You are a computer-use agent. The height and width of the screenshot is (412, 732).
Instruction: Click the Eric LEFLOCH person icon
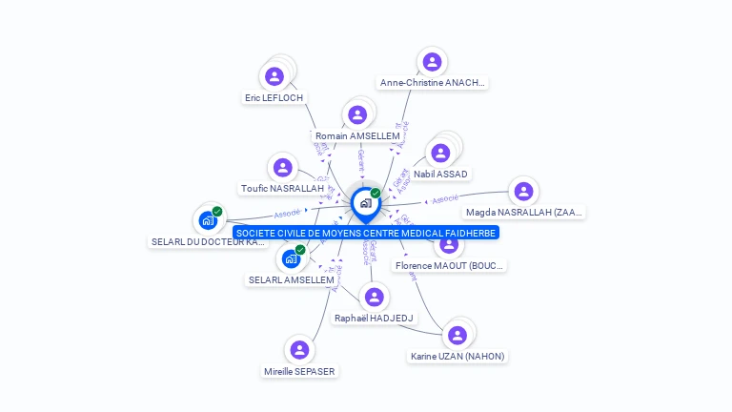274,76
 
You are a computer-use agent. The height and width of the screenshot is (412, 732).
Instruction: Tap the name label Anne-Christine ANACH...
433,83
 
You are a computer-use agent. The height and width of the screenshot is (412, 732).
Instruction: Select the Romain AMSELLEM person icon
357,115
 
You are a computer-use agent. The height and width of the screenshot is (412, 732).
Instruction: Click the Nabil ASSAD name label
440,175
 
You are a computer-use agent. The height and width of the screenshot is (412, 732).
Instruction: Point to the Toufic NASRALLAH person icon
282,168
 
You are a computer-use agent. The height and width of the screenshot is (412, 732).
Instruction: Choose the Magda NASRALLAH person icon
521,192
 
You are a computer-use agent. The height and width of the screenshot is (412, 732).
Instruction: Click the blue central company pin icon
365,203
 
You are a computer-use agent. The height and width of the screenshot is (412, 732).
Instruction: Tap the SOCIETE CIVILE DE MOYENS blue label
366,233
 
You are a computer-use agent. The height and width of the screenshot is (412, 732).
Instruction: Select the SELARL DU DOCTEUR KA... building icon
208,220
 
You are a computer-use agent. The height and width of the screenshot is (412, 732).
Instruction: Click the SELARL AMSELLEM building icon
291,258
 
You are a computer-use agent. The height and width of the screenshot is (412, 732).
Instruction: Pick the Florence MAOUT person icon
449,244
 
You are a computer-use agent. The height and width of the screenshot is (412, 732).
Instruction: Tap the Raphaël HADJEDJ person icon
375,298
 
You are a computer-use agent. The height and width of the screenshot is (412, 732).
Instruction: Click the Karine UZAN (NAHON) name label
457,357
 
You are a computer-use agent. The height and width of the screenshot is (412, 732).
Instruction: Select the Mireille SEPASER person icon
300,350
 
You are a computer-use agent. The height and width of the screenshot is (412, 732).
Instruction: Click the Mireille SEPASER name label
300,371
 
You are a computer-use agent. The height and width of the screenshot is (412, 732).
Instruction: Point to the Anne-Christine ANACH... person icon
433,62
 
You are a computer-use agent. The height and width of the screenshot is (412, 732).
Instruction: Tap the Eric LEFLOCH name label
274,97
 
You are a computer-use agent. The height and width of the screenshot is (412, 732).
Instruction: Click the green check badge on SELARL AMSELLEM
300,250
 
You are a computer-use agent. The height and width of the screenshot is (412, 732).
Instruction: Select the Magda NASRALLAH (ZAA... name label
524,213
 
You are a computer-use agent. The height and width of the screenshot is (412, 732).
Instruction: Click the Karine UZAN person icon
457,335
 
